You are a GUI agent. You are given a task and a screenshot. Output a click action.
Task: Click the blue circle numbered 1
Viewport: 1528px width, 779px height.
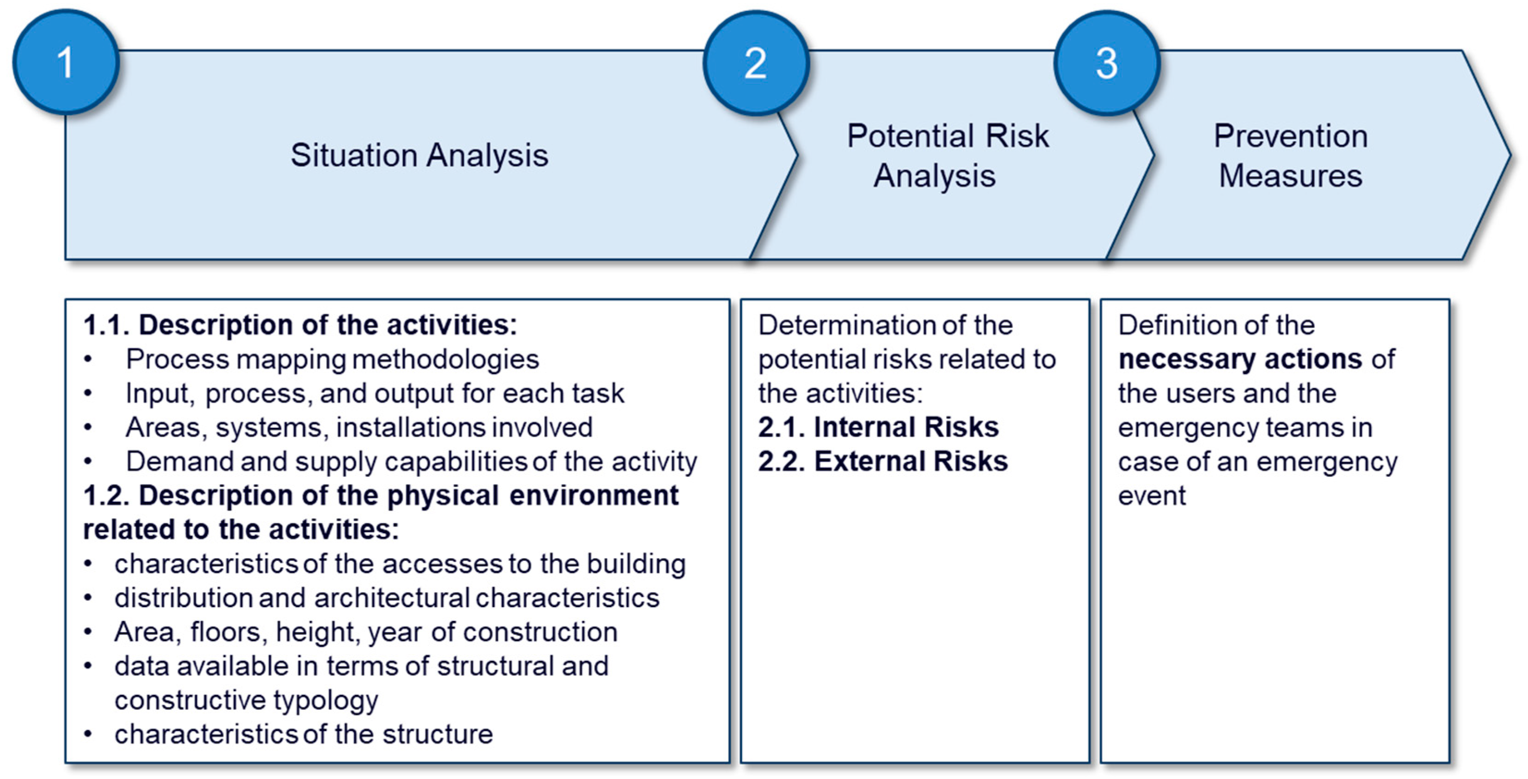tap(66, 62)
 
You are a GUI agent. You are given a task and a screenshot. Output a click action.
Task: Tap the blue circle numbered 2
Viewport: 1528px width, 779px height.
tap(756, 63)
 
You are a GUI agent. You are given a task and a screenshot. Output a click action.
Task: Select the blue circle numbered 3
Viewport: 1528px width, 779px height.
tap(1107, 63)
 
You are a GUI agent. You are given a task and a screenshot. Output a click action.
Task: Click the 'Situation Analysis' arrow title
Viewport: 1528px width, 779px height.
tap(419, 155)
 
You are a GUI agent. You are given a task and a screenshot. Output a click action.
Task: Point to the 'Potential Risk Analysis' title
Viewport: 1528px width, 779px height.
tap(947, 155)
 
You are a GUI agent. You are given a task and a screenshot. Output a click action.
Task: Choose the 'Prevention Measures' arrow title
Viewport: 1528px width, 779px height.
tap(1291, 155)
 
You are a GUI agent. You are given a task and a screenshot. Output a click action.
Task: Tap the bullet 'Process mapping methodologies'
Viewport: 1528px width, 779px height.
tap(332, 359)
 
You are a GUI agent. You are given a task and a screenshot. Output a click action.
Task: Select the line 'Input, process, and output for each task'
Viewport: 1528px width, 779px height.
tap(375, 393)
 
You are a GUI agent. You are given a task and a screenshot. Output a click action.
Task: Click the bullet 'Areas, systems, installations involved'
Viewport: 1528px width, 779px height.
tap(359, 427)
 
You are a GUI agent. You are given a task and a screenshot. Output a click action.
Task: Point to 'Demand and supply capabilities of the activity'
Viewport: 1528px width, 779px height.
tap(411, 462)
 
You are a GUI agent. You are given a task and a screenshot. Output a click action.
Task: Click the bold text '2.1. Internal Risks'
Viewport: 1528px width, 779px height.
tap(879, 427)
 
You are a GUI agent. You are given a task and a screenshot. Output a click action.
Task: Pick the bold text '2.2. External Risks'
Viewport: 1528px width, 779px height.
tap(883, 461)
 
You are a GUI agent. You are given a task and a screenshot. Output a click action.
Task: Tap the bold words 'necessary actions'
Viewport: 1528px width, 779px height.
tap(1240, 359)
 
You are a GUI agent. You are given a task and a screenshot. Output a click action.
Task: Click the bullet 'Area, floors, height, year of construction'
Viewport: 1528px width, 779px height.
tap(366, 632)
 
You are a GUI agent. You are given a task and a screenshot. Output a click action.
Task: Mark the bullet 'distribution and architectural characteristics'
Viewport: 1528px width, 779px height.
tap(387, 597)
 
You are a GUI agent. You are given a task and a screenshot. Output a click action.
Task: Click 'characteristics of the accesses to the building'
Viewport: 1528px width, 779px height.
tap(400, 564)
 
